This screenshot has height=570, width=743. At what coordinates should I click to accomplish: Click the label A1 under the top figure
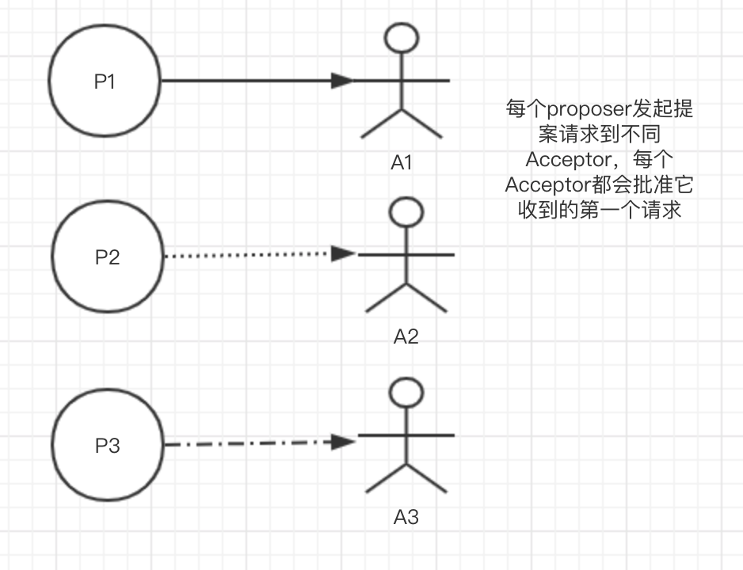402,162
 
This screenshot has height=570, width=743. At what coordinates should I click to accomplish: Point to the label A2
406,336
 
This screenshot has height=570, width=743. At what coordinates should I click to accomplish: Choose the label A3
406,518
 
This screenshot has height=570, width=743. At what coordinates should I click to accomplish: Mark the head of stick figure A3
406,393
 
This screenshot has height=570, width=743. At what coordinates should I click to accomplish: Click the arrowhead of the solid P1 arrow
342,80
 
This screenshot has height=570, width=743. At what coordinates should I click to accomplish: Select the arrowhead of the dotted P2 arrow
343,254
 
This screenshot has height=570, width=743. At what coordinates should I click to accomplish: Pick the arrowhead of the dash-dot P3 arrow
343,442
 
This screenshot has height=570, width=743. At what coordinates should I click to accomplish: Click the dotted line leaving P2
246,255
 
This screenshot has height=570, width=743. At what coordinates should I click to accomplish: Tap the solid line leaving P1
246,80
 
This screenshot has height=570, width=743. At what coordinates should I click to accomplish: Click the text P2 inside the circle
108,256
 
